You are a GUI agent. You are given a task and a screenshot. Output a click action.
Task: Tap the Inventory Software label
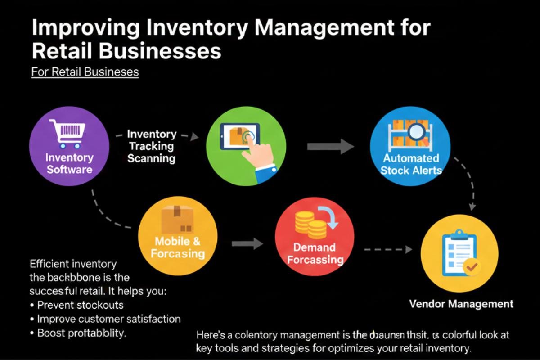(x=69, y=164)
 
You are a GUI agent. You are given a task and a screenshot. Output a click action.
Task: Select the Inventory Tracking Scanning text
(x=151, y=146)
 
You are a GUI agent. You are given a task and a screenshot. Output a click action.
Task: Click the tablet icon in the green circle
(x=239, y=136)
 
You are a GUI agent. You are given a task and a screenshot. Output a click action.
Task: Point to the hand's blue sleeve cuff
(x=265, y=174)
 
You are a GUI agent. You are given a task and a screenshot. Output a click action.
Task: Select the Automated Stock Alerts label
(x=411, y=164)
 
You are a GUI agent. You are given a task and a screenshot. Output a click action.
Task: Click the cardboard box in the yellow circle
(x=177, y=219)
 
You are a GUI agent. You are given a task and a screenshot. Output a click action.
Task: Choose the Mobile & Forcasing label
(x=177, y=247)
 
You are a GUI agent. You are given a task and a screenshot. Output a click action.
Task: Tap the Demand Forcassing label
(x=315, y=253)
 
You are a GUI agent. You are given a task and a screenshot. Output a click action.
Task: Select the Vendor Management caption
(x=461, y=304)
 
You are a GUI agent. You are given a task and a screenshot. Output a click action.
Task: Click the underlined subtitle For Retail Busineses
(x=85, y=72)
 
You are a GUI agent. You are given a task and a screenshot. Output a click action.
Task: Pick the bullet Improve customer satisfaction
(x=108, y=319)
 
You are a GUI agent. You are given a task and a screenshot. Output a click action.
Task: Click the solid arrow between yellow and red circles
(x=247, y=244)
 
